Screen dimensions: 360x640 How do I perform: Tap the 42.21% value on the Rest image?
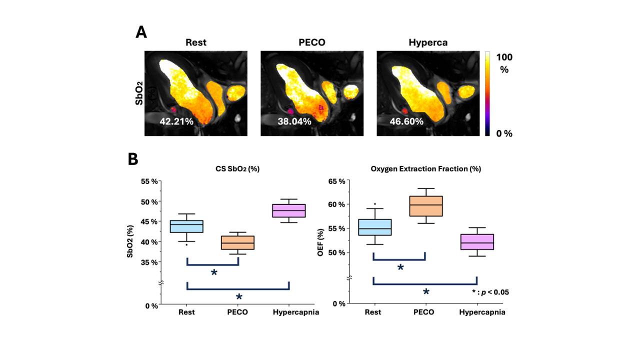pyautogui.click(x=176, y=121)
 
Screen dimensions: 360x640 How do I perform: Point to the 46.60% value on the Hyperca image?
pyautogui.click(x=407, y=121)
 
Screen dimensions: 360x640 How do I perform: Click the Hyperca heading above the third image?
pyautogui.click(x=427, y=42)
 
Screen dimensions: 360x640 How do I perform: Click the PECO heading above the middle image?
pyautogui.click(x=311, y=42)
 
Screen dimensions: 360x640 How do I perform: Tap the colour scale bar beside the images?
pyautogui.click(x=487, y=93)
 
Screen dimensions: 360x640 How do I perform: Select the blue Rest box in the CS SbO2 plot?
pyautogui.click(x=187, y=226)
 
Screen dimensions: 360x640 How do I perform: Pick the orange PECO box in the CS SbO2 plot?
pyautogui.click(x=238, y=242)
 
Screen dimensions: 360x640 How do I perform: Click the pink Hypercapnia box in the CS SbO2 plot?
pyautogui.click(x=289, y=210)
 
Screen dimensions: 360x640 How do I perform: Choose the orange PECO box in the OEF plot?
pyautogui.click(x=426, y=206)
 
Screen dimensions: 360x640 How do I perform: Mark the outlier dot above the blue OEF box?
pyautogui.click(x=375, y=204)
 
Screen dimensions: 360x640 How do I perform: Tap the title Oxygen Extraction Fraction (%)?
pyautogui.click(x=425, y=169)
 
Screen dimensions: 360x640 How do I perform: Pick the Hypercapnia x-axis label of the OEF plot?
pyautogui.click(x=482, y=312)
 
